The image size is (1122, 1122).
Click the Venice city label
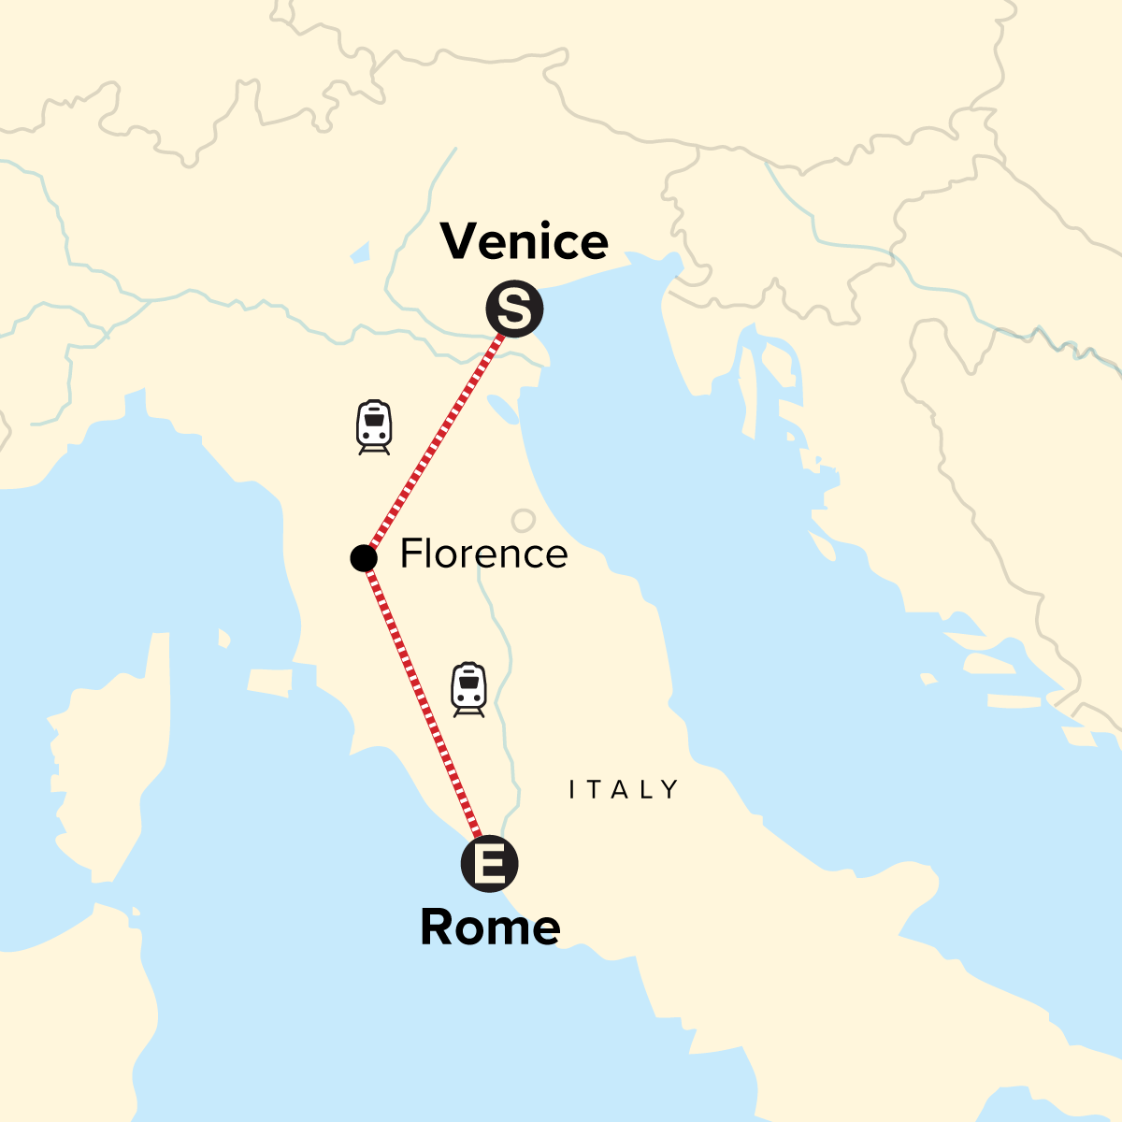point(525,241)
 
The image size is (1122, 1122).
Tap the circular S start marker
point(514,309)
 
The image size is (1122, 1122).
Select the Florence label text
point(483,554)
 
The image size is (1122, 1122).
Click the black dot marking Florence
point(363,558)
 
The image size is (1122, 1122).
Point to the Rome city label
point(490,927)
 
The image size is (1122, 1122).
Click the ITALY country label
point(624,790)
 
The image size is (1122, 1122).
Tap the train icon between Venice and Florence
point(374,427)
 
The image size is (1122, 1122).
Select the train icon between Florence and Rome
point(468,689)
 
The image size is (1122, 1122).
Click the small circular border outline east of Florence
point(523,521)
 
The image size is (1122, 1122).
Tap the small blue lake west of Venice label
point(360,252)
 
